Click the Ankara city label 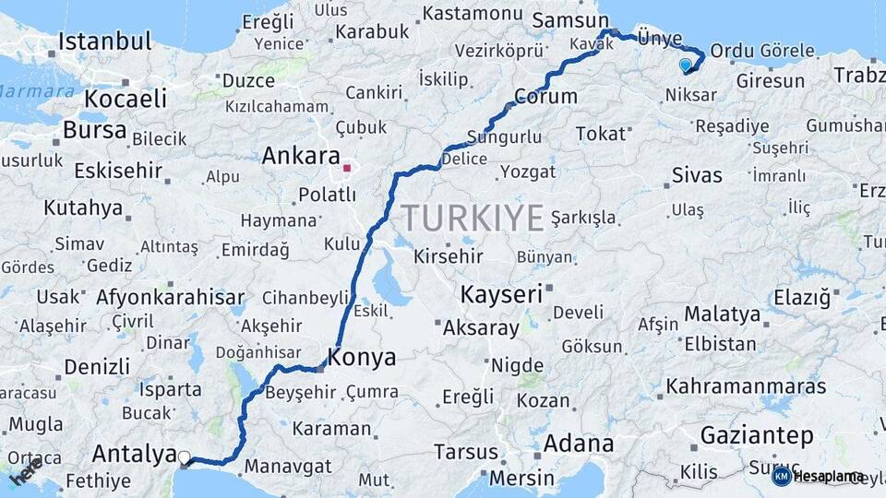click(301, 156)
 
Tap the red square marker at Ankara click(346, 169)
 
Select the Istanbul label click(104, 41)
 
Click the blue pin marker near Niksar click(685, 65)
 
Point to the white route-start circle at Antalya click(185, 456)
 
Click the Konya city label click(364, 358)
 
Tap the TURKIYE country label click(472, 219)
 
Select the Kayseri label click(500, 295)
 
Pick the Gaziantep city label click(757, 435)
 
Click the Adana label click(579, 444)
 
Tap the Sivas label click(697, 175)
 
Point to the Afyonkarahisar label click(171, 298)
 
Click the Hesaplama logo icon click(781, 476)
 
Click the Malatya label click(723, 314)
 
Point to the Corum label click(545, 96)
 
